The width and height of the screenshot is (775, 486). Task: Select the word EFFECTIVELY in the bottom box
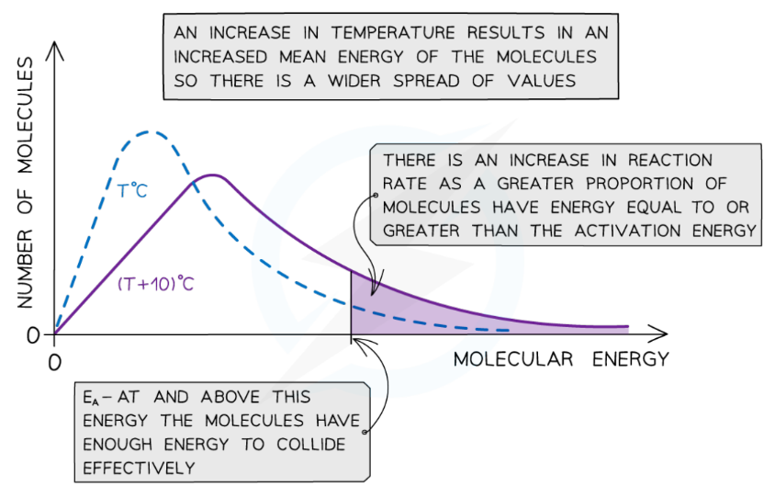pos(139,467)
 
